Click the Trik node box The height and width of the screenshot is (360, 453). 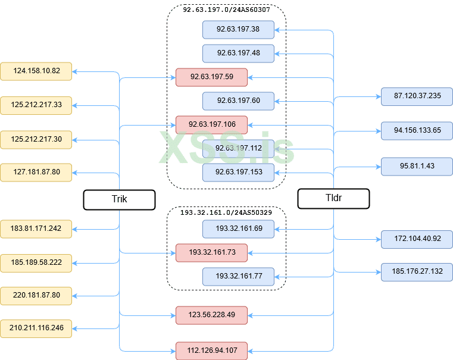[x=119, y=199]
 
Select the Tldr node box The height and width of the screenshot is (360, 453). [x=333, y=199]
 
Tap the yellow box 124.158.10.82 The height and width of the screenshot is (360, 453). [x=36, y=71]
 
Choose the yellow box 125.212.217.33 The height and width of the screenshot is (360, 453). [x=36, y=105]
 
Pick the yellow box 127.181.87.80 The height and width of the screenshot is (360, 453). [x=36, y=173]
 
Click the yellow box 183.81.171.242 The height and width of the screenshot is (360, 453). [x=36, y=227]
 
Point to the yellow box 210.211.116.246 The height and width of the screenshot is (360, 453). [x=36, y=327]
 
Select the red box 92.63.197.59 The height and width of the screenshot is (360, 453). [x=211, y=77]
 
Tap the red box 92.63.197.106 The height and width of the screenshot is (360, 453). [x=211, y=124]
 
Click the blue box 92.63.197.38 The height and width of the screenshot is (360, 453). [x=238, y=29]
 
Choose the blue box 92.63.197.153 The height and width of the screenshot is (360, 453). [x=238, y=172]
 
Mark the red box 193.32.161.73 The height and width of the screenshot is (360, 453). [x=211, y=252]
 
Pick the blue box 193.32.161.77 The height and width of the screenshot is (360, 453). [x=238, y=276]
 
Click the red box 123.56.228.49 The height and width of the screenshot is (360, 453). [x=211, y=315]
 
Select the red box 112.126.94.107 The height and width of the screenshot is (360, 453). [x=211, y=350]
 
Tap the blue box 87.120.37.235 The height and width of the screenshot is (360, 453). [x=417, y=96]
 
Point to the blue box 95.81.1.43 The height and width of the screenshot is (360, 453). [x=417, y=166]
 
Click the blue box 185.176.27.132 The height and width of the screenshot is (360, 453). [x=417, y=271]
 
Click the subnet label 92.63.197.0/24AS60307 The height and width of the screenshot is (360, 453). [x=226, y=10]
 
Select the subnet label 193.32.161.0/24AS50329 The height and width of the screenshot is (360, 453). [x=226, y=212]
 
